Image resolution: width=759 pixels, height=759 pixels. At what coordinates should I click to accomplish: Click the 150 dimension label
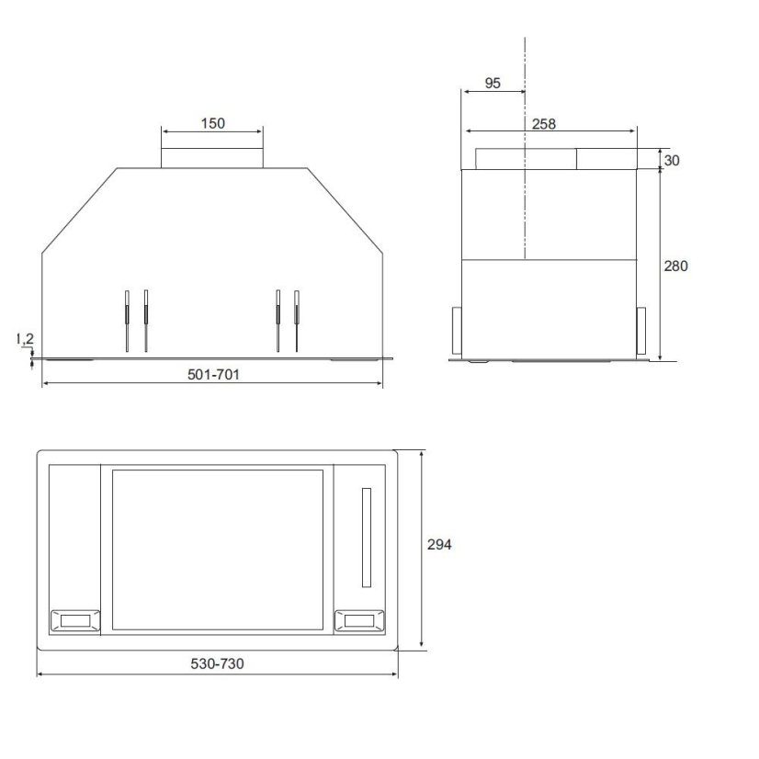pos(213,123)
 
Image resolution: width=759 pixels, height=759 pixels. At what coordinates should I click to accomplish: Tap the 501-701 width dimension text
pos(213,374)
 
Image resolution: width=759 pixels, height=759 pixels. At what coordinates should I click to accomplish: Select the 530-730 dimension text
pos(217,663)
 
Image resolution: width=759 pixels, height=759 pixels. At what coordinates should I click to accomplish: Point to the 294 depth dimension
pos(439,545)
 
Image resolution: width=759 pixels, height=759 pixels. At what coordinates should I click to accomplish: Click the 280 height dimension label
pos(675,266)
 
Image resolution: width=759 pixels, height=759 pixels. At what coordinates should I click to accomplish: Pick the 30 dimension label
pos(672,160)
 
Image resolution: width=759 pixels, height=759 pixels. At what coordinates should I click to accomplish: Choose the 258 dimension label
pos(544,124)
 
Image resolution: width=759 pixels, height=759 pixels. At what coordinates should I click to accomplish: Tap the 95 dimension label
pos(493,84)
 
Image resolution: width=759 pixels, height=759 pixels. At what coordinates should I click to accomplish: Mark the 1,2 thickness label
pos(25,339)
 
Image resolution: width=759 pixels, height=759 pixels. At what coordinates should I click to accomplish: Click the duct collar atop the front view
pos(212,158)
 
